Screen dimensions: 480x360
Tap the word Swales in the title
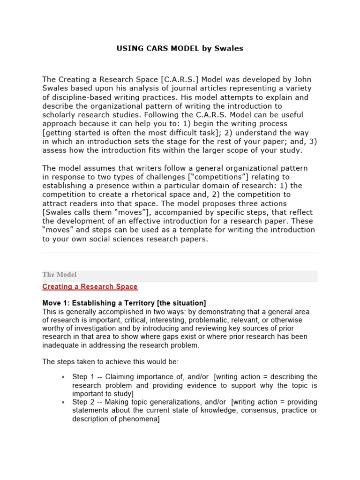(x=230, y=48)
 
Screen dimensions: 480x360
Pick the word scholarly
(x=60, y=115)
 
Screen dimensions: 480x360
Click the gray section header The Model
(x=60, y=275)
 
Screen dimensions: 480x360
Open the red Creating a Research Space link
(x=90, y=286)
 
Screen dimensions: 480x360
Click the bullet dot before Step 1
(x=63, y=377)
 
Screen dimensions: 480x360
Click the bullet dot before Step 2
(x=63, y=403)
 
